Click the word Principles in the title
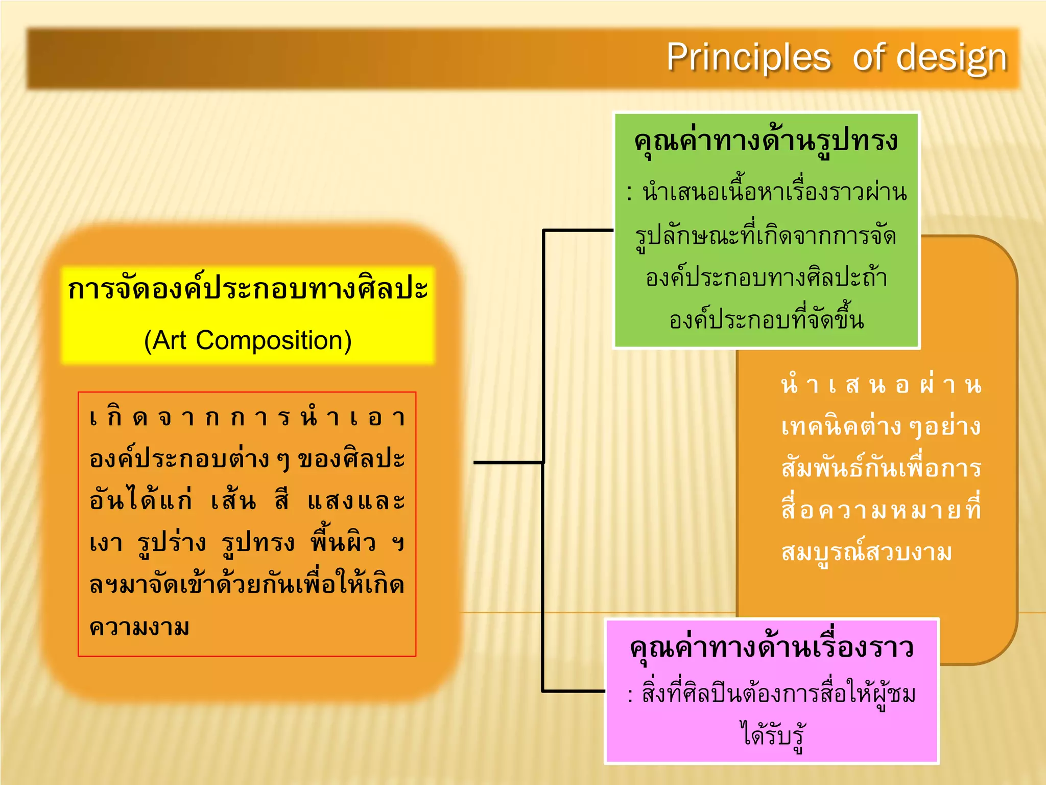point(748,57)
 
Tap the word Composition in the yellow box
point(274,340)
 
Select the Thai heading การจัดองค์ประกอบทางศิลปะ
point(248,289)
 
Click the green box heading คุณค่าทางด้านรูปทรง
point(766,141)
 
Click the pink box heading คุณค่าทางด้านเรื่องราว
point(771,648)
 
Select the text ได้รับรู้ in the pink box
point(772,735)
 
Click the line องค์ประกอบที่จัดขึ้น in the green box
point(767,320)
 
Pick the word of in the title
point(868,57)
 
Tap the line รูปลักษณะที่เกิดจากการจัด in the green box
point(766,236)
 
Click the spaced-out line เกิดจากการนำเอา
point(247,418)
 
